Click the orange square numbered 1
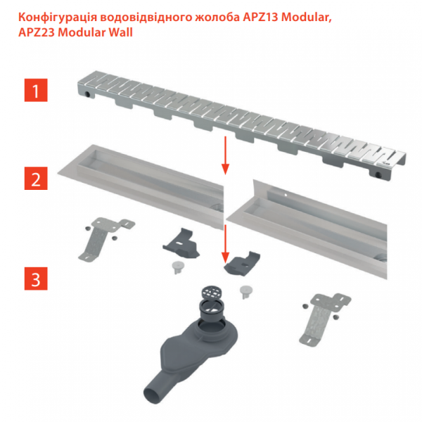pos(36,90)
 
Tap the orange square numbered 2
pos(36,178)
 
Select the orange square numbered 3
pos(36,279)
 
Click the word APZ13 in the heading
pos(260,18)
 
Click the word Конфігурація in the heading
pos(58,18)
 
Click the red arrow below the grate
pos(226,155)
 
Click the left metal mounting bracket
pos(105,238)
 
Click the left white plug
pos(177,267)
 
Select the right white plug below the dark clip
pos(245,292)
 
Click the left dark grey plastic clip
pos(181,243)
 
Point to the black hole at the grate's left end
pos(87,94)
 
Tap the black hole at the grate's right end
pos(378,174)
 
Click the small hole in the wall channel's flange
pos(286,194)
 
